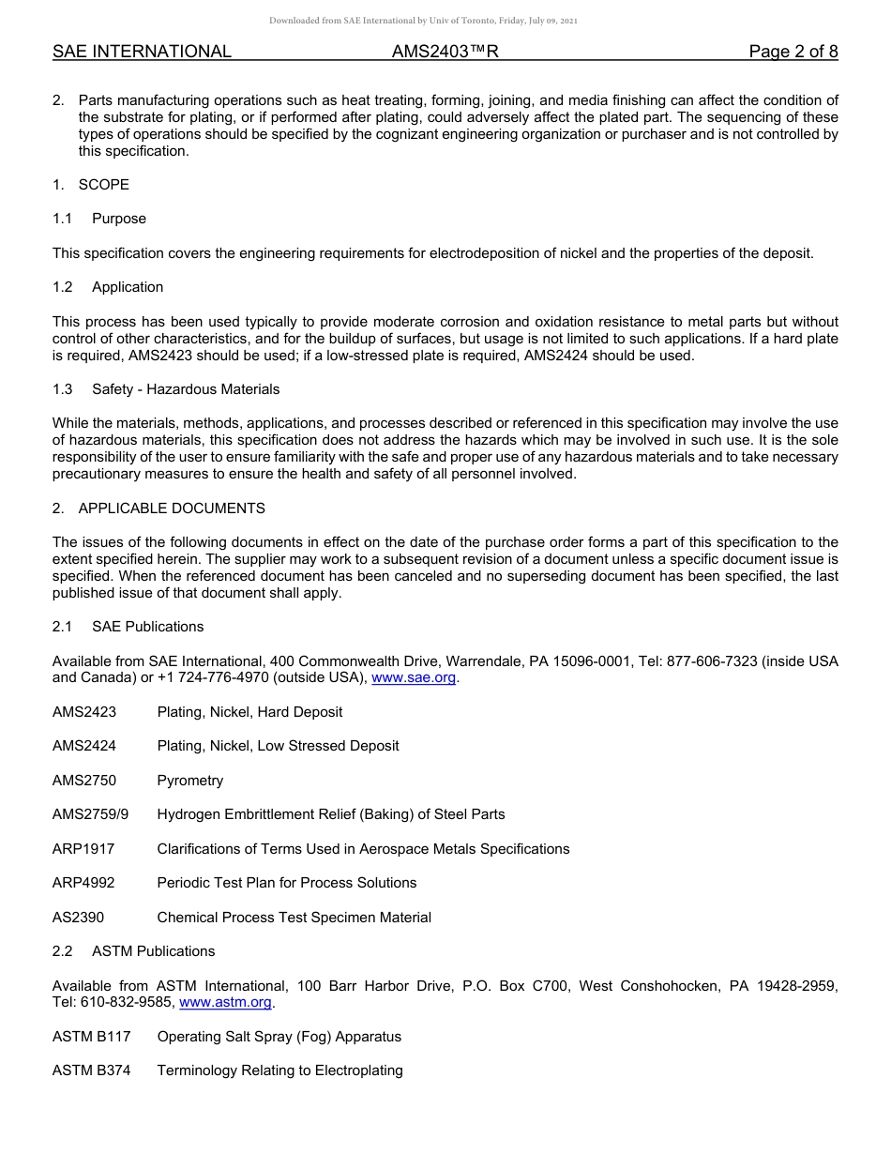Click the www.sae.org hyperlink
(415, 678)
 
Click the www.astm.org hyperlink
(225, 1003)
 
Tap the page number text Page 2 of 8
(793, 52)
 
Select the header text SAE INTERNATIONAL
(142, 52)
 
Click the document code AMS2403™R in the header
(445, 52)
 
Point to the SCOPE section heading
(103, 185)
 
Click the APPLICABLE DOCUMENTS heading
(172, 509)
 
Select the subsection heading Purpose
(119, 219)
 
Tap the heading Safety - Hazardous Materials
(186, 389)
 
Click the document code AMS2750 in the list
(84, 781)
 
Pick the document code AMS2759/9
(90, 814)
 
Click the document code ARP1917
(83, 849)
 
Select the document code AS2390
(79, 918)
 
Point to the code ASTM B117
(91, 1037)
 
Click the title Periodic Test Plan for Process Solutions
(286, 883)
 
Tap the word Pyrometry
(190, 781)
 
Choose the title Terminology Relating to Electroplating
(279, 1070)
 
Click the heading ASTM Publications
(153, 951)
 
